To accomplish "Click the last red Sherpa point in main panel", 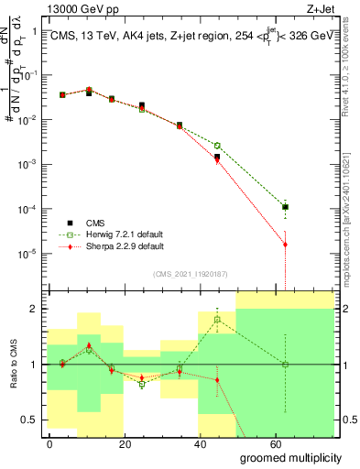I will (286, 245).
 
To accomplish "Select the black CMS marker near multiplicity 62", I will (286, 207).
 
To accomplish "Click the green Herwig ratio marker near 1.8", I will (217, 320).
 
